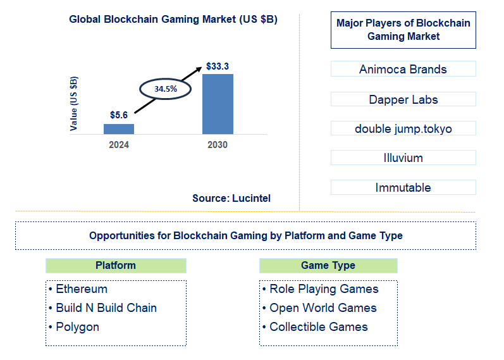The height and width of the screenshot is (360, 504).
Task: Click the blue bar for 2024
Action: pos(119,128)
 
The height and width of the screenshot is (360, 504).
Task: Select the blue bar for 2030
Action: pos(218,104)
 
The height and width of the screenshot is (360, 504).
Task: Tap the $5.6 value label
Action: pos(119,115)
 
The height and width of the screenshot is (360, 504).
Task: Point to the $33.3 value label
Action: pos(218,66)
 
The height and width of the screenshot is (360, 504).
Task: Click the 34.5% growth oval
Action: pos(166,89)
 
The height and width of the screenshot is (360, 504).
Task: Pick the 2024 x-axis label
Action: pos(119,145)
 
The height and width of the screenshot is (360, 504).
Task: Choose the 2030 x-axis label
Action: pos(218,145)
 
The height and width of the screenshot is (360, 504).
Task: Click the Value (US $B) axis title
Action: pos(75,104)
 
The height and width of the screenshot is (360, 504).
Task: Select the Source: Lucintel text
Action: pos(231,198)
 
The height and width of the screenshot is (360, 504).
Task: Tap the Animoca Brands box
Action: pos(403,70)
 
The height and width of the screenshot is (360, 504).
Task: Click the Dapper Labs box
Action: pos(403,99)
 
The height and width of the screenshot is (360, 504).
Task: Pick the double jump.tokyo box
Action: pos(403,128)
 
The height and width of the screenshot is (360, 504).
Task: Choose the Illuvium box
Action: pos(403,158)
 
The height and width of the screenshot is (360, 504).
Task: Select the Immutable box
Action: pos(403,187)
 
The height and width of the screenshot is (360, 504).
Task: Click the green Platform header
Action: pos(116,266)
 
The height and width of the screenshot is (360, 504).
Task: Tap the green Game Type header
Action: pos(328,266)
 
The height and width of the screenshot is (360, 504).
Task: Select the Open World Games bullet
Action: pos(323,308)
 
